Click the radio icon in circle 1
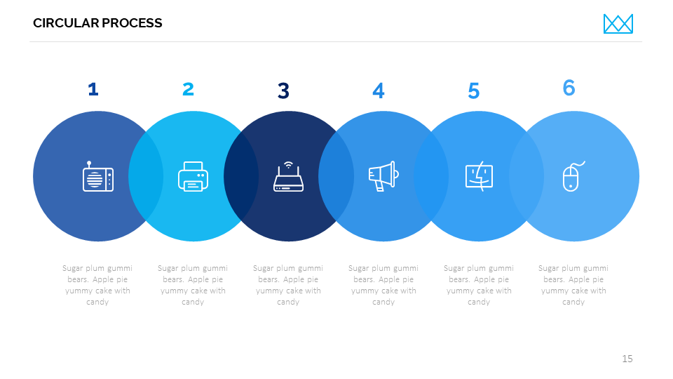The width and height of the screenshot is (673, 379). (x=98, y=176)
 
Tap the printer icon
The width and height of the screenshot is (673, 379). (x=193, y=176)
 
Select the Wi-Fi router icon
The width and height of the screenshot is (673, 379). (x=288, y=177)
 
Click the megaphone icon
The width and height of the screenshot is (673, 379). (x=383, y=176)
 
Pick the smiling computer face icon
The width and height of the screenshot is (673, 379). (x=479, y=176)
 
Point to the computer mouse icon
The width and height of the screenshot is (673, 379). (x=573, y=176)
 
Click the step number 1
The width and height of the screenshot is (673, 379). (x=93, y=89)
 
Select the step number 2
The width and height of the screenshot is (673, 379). (x=188, y=89)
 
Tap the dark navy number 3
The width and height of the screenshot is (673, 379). (x=283, y=91)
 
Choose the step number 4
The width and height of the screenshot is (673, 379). (x=378, y=91)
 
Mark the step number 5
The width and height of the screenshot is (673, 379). (x=473, y=91)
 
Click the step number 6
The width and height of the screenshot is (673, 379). (x=569, y=88)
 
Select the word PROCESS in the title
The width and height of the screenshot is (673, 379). (x=132, y=23)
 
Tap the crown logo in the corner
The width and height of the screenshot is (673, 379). (x=618, y=24)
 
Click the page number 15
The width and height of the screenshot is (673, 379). (x=627, y=359)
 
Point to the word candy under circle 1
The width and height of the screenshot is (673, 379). (x=97, y=302)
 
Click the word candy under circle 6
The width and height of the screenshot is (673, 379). (x=573, y=302)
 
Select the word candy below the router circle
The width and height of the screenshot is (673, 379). (x=288, y=302)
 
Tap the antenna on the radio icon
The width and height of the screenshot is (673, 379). (x=89, y=164)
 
